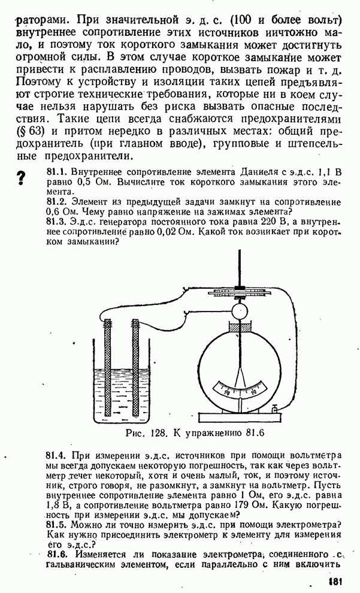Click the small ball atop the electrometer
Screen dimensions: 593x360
(239, 310)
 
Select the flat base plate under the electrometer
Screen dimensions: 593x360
(240, 417)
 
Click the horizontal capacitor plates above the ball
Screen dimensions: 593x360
(240, 294)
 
